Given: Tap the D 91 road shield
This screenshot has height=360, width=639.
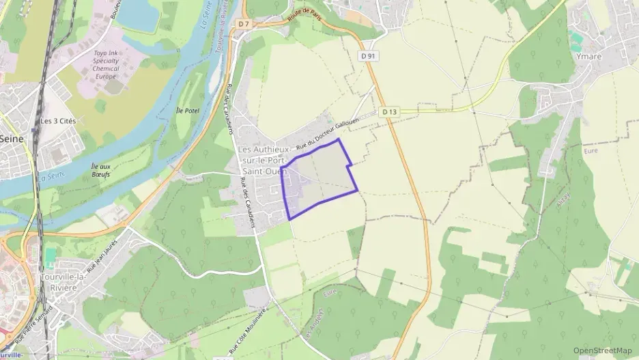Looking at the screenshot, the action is click(x=369, y=56).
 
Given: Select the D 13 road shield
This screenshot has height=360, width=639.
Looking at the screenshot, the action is click(x=389, y=111).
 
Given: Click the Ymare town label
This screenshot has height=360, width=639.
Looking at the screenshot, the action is click(x=588, y=57).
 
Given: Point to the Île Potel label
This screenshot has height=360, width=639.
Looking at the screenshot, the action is click(x=186, y=111).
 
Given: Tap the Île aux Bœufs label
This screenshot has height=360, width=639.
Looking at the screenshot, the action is click(x=100, y=170).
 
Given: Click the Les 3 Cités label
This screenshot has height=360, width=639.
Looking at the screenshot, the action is click(x=57, y=121).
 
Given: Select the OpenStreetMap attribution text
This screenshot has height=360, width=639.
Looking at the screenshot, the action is click(x=603, y=350).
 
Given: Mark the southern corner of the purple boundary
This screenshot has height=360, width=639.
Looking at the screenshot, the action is click(x=290, y=219).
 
